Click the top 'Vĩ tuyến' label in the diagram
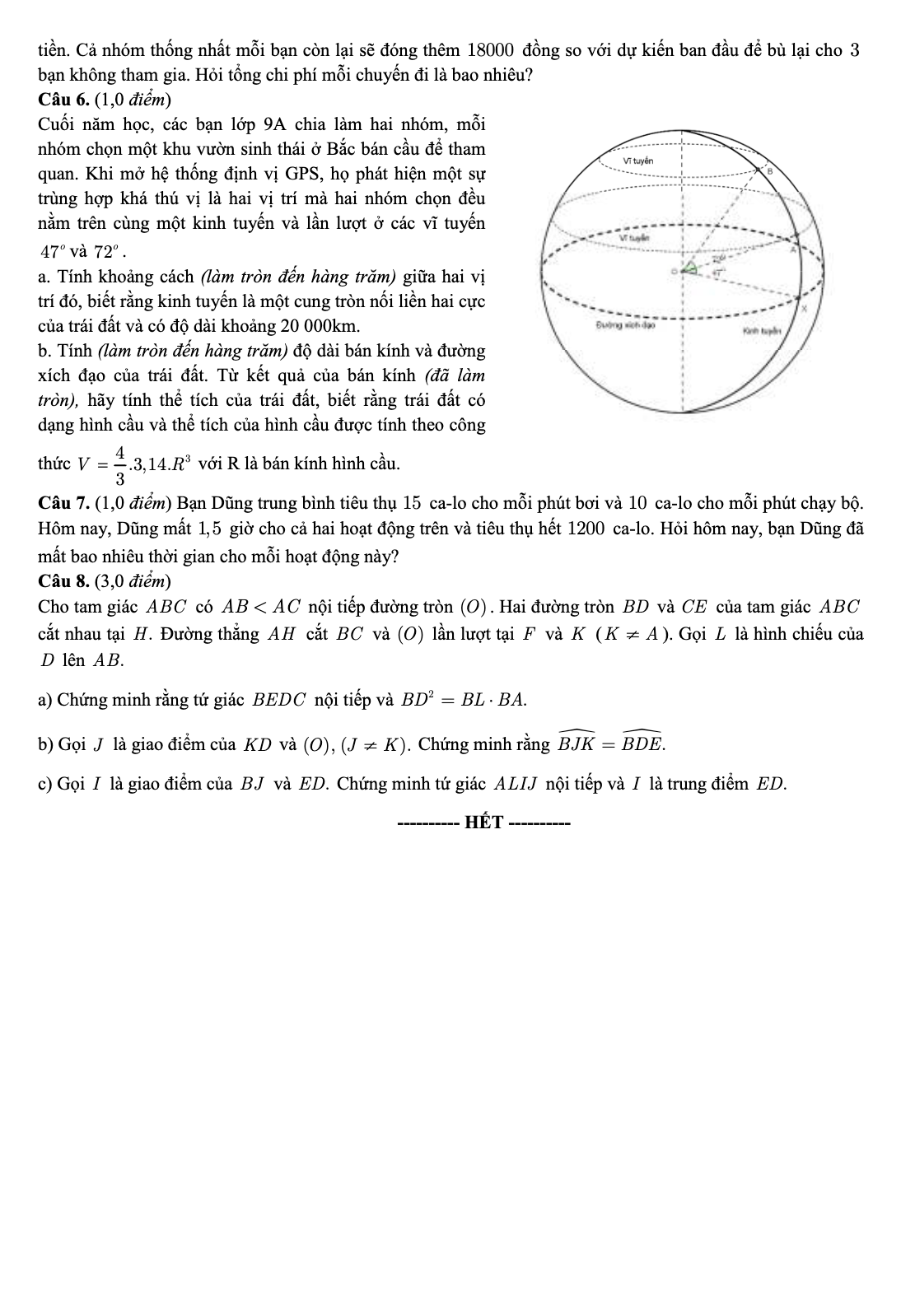(x=638, y=161)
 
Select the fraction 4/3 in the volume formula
(x=120, y=464)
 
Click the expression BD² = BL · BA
(x=463, y=701)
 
